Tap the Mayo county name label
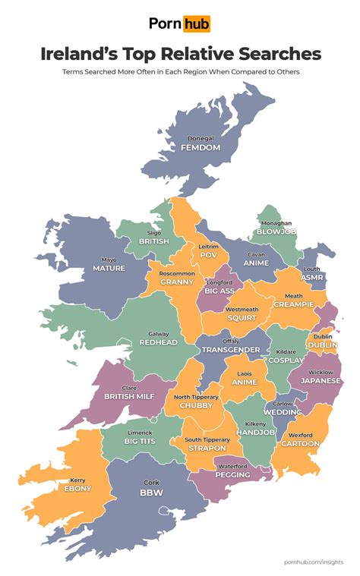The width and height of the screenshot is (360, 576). coord(109,259)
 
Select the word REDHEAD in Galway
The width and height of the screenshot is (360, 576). coord(159,343)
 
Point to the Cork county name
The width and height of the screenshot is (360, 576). coord(152,482)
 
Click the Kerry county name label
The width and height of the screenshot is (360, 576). coord(77,480)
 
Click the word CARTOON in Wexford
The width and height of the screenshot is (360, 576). coord(300,443)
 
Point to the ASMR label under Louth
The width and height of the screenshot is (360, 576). coord(312,278)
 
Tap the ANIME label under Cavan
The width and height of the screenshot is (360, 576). coord(256,263)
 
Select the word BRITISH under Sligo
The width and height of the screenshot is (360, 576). coord(154,241)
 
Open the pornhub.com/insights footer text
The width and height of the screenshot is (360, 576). coord(313,561)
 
